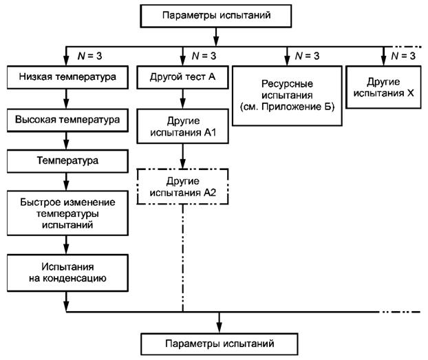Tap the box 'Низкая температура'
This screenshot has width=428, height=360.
point(66,76)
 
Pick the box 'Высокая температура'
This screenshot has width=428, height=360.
point(66,119)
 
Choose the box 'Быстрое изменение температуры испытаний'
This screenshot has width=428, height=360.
point(66,213)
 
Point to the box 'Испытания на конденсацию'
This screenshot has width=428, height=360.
point(66,271)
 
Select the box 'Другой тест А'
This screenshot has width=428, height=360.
point(183,76)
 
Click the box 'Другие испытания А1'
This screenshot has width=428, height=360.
point(183,125)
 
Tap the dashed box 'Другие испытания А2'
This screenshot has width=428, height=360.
point(183,187)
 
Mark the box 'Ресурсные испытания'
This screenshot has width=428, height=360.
point(287,96)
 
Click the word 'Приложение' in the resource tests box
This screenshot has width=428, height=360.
point(298,107)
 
